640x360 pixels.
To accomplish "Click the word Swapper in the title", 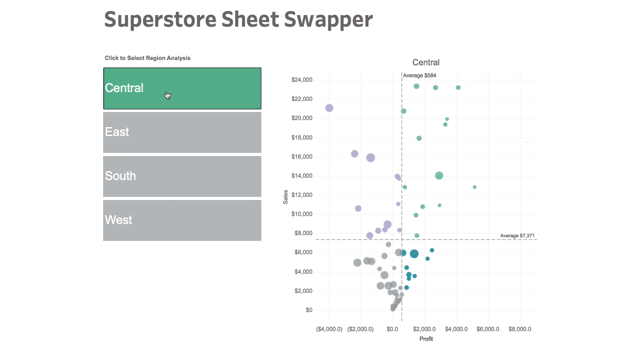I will (328, 20).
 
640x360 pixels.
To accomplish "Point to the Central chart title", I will (426, 63).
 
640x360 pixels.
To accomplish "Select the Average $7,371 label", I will (518, 236).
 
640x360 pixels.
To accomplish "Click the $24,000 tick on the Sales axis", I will (302, 80).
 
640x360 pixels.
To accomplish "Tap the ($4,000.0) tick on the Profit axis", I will (329, 329).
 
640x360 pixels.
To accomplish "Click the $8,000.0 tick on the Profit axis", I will (520, 329).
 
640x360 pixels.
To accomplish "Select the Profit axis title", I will (426, 339).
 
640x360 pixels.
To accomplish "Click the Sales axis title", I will (286, 197).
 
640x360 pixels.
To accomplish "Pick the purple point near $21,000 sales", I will (329, 108).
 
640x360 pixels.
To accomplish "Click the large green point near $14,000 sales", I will (439, 176).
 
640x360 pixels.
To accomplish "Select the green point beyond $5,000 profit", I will (475, 187).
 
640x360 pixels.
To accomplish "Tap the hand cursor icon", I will (168, 95).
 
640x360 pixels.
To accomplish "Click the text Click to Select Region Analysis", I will (148, 58).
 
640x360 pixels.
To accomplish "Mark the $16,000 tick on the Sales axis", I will (302, 156).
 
